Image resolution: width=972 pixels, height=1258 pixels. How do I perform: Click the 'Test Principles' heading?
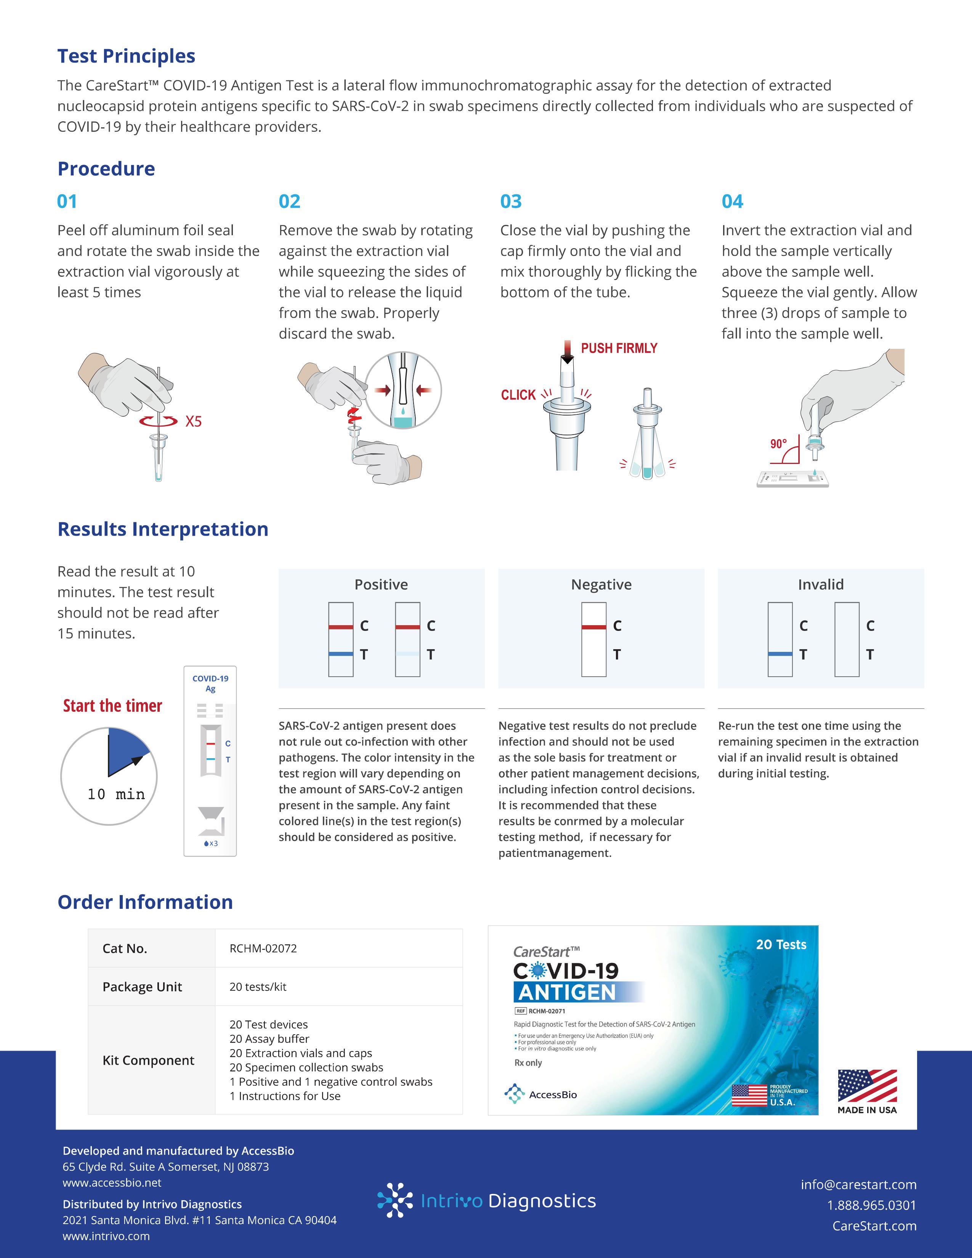click(x=126, y=56)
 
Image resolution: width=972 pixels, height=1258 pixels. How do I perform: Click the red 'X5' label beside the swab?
click(x=194, y=422)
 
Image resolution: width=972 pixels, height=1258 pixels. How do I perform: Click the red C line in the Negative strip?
click(x=593, y=627)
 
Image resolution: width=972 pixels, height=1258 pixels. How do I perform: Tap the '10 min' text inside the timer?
click(x=116, y=794)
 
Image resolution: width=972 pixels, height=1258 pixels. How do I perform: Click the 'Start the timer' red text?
click(x=112, y=706)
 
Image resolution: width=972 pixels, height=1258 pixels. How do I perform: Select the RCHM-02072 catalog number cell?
click(x=263, y=948)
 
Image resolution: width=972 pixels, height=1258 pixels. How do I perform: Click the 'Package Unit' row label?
click(x=142, y=987)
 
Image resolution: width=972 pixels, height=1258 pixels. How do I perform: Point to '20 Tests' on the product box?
click(x=781, y=945)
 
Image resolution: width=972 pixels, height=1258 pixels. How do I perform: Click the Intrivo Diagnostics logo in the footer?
click(x=487, y=1201)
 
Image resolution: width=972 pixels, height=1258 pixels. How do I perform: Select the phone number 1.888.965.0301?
click(x=871, y=1205)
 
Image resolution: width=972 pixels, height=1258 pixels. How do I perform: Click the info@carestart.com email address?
click(x=858, y=1184)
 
